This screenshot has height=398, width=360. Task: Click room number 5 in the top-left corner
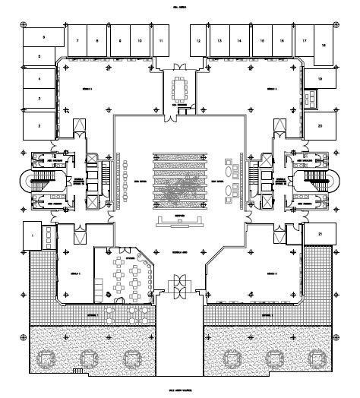[43, 36]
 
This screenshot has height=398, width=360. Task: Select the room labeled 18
[324, 46]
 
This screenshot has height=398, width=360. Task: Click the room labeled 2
[39, 126]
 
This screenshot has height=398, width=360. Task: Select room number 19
[320, 79]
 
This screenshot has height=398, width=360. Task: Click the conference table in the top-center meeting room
[180, 89]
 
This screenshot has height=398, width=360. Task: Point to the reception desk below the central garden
[180, 222]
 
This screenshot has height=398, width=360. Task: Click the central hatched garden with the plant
[180, 182]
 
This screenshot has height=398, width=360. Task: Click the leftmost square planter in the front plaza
[46, 356]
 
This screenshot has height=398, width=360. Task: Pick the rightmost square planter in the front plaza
[312, 356]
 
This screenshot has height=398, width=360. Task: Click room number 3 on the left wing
[39, 99]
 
